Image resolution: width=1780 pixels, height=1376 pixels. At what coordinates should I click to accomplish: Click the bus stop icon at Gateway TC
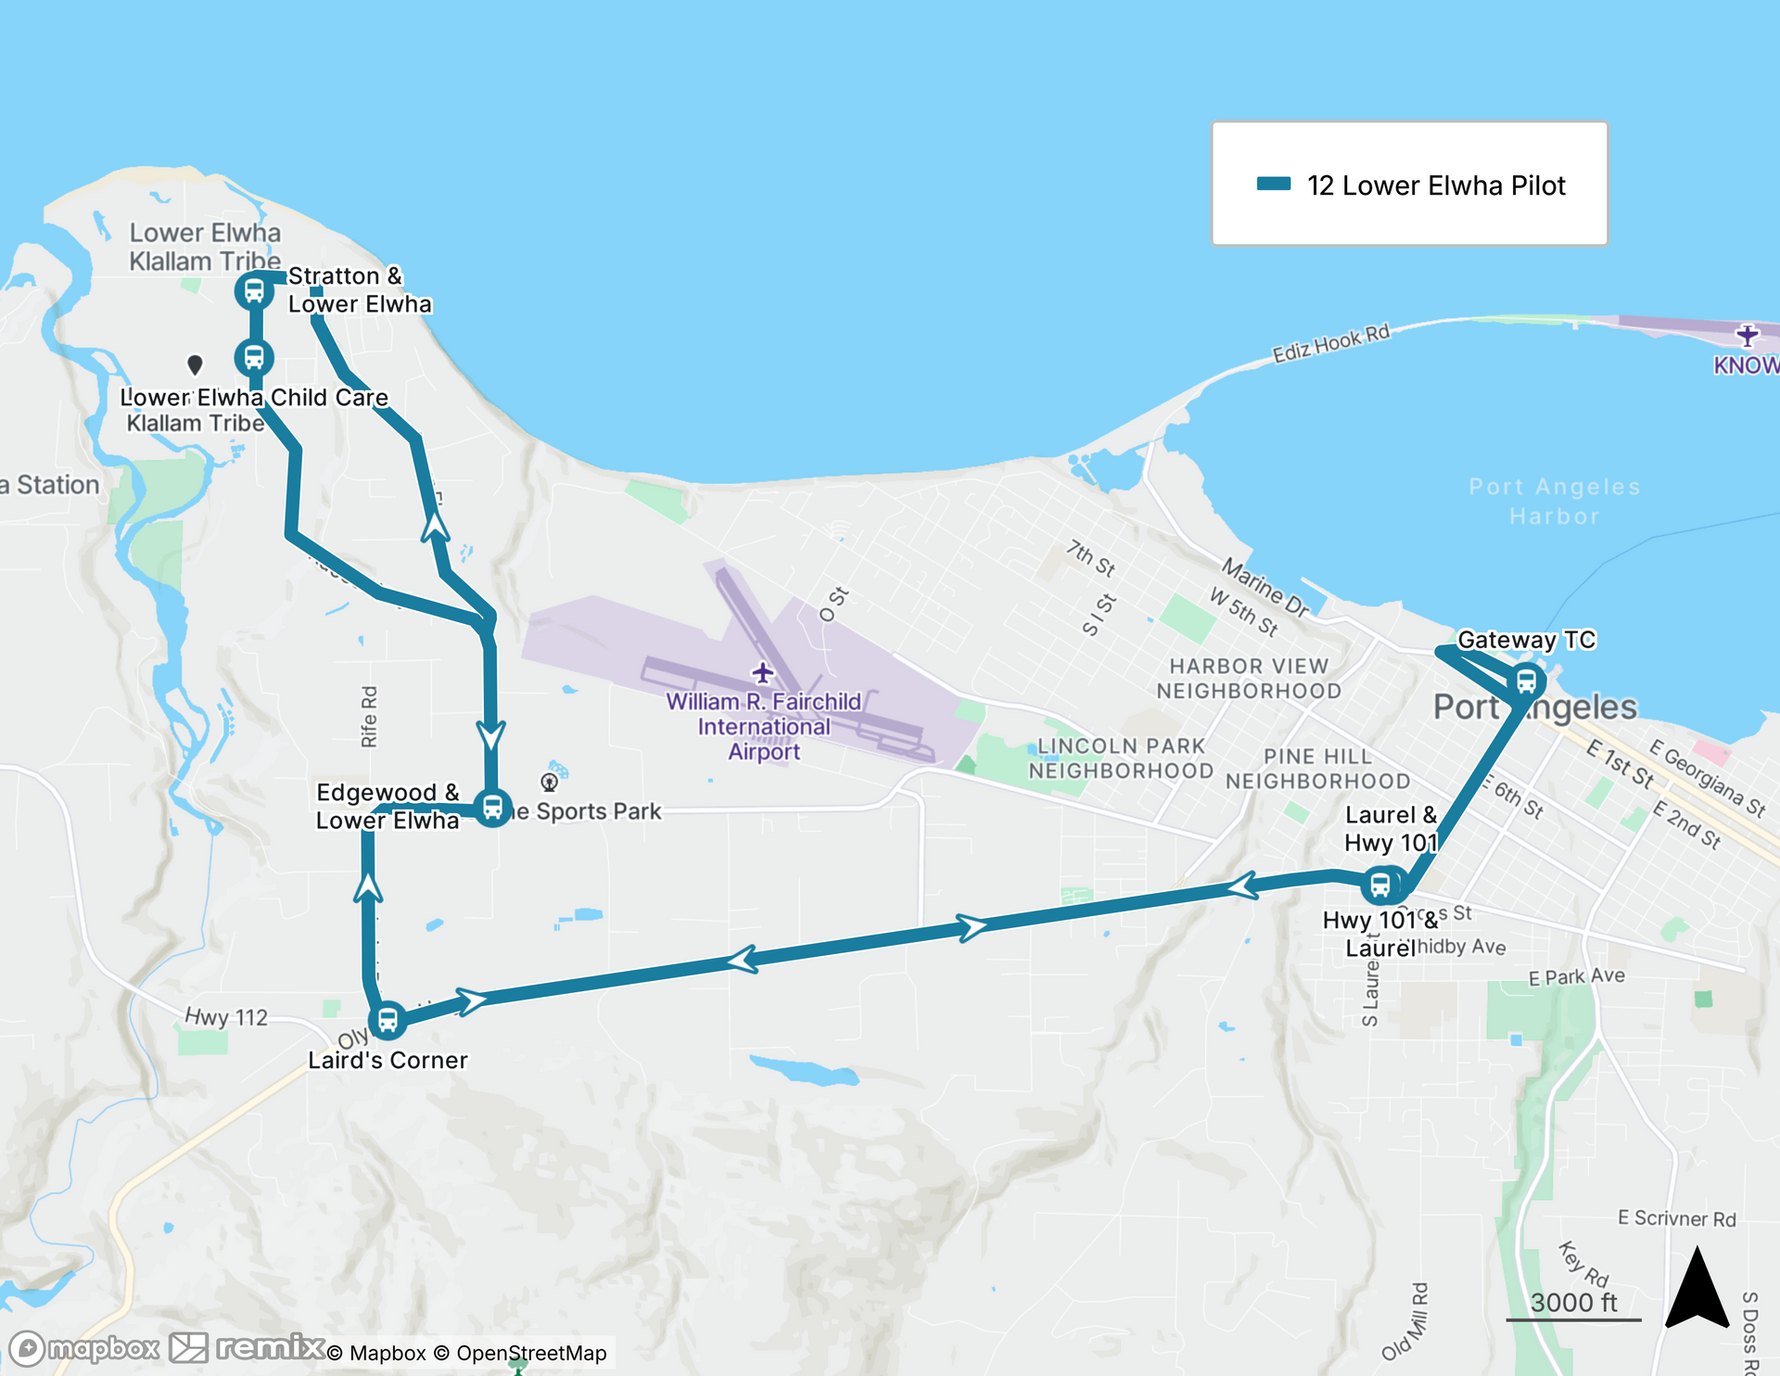pos(1525,682)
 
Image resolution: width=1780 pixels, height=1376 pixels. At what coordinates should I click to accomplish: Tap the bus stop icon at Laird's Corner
pos(388,1021)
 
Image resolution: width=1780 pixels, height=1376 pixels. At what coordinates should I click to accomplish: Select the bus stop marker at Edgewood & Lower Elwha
pos(492,807)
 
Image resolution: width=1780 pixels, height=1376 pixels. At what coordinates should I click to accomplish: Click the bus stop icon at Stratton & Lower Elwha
pos(253,291)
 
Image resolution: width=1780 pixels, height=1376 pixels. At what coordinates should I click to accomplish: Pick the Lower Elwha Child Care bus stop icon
pos(253,358)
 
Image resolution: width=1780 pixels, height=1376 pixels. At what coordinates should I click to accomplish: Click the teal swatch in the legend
pos(1273,184)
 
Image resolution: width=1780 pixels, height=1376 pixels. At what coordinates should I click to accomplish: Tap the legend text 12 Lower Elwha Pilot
pos(1435,185)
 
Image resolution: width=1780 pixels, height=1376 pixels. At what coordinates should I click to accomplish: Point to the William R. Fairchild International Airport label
pos(763,727)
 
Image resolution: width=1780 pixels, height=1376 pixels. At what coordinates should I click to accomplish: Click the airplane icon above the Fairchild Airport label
pos(762,671)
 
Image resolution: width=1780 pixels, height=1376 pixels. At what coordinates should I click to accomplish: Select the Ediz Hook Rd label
pos(1330,343)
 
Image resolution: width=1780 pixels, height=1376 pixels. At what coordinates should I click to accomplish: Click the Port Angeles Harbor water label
pos(1554,502)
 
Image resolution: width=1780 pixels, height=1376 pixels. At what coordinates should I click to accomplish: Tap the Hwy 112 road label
pos(226,1017)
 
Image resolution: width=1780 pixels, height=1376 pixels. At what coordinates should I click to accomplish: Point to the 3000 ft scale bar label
pos(1573,1303)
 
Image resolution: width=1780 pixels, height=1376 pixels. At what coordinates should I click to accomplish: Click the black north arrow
pos(1697,1290)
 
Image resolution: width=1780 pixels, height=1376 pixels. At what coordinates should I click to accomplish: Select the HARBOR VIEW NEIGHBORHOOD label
pos(1248,679)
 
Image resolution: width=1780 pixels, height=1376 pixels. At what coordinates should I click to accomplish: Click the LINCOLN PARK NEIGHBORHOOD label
pos(1120,758)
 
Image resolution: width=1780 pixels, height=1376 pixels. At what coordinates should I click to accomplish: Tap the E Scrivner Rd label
pos(1676,1218)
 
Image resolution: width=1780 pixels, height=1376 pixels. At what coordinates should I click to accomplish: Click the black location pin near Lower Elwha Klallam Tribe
pos(195,364)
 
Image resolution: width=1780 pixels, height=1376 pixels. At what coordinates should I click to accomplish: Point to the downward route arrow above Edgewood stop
pos(490,735)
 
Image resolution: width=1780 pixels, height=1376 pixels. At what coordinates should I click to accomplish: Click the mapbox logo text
pos(102,1348)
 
